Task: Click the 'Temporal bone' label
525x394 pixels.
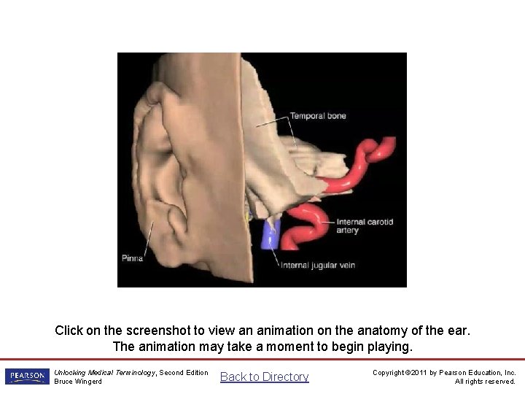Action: pyautogui.click(x=318, y=116)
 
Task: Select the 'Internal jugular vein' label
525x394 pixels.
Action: pyautogui.click(x=318, y=266)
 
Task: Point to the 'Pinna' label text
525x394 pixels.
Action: pyautogui.click(x=132, y=258)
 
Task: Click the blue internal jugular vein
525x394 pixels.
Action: pyautogui.click(x=271, y=233)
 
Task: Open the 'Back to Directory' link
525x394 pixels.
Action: pyautogui.click(x=265, y=376)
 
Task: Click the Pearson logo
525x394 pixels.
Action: pyautogui.click(x=27, y=376)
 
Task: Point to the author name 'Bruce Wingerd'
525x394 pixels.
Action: pyautogui.click(x=78, y=382)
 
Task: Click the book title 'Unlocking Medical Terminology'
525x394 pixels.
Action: pyautogui.click(x=104, y=372)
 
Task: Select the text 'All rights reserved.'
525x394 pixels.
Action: pyautogui.click(x=485, y=382)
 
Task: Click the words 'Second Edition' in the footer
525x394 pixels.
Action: pyautogui.click(x=184, y=372)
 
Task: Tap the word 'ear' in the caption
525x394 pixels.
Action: pyautogui.click(x=458, y=331)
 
